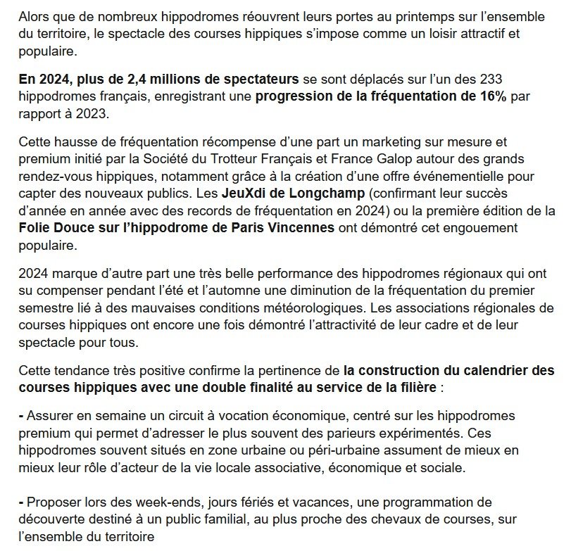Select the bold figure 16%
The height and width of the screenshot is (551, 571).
[490, 96]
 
